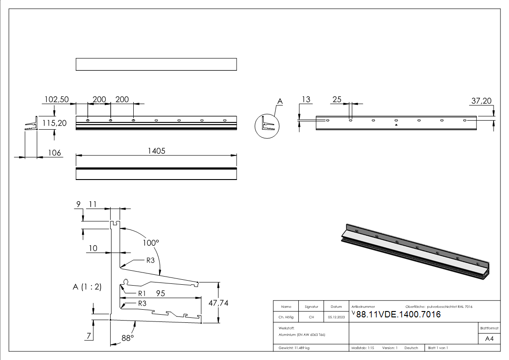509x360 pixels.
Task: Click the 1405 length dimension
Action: pyautogui.click(x=156, y=151)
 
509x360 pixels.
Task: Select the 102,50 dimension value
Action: pyautogui.click(x=56, y=99)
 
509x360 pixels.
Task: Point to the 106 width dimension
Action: pyautogui.click(x=54, y=153)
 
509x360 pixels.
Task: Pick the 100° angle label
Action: pyautogui.click(x=151, y=243)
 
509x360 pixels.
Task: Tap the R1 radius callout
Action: pyautogui.click(x=142, y=293)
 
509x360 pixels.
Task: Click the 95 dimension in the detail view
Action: pyautogui.click(x=160, y=293)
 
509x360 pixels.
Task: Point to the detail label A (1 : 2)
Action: pyautogui.click(x=87, y=287)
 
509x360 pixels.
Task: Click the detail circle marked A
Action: pyautogui.click(x=267, y=126)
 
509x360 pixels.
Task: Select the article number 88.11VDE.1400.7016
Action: pyautogui.click(x=398, y=315)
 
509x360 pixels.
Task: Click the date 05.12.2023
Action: pyautogui.click(x=336, y=317)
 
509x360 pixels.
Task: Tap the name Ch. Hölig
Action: pyautogui.click(x=286, y=317)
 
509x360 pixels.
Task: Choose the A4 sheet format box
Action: pyautogui.click(x=489, y=339)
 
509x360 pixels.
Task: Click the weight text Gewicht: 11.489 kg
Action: pyautogui.click(x=294, y=348)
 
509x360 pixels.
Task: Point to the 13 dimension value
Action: pyautogui.click(x=306, y=99)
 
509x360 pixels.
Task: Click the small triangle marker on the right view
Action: pyautogui.click(x=396, y=124)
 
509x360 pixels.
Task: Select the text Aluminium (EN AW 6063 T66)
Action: pyautogui.click(x=302, y=334)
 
